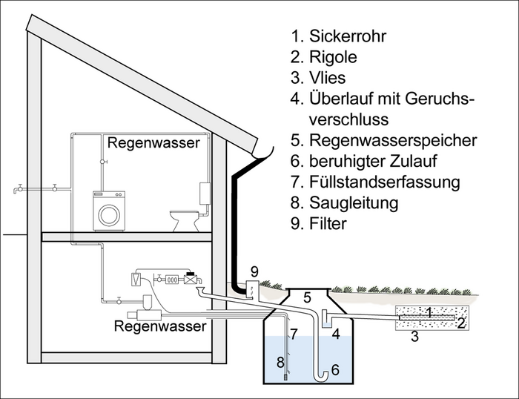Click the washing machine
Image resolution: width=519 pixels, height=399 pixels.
tap(109, 209)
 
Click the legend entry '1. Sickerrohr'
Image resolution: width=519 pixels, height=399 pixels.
tap(340, 35)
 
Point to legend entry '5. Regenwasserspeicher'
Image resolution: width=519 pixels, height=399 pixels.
tap(384, 139)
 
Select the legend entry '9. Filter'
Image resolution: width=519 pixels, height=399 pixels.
tap(327, 221)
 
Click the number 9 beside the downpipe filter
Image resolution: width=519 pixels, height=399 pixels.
tap(254, 271)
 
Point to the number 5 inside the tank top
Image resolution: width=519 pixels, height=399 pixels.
tap(305, 298)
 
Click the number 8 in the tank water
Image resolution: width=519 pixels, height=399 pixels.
tap(280, 363)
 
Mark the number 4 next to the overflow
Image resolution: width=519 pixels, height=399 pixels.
tap(335, 334)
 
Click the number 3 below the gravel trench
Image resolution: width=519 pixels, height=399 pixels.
tap(415, 337)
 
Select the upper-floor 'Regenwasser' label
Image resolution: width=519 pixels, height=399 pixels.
tap(153, 143)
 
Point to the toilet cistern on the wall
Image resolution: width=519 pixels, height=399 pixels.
tap(205, 194)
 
